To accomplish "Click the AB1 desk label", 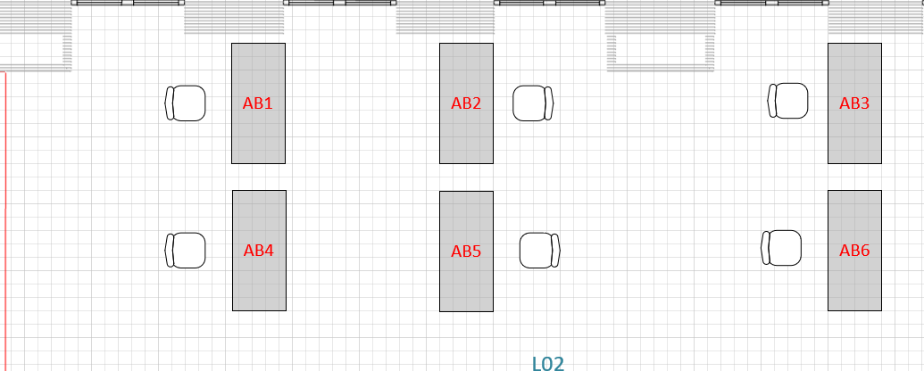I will pyautogui.click(x=257, y=103).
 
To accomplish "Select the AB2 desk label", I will pyautogui.click(x=466, y=103).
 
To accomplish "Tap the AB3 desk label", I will pyautogui.click(x=854, y=103).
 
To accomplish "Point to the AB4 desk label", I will pyautogui.click(x=258, y=251).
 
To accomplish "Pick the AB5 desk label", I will pyautogui.click(x=466, y=251).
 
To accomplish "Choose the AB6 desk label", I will pyautogui.click(x=854, y=251).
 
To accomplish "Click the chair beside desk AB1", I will pyautogui.click(x=186, y=103).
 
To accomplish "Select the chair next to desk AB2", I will pyautogui.click(x=533, y=103).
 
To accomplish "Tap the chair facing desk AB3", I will pyautogui.click(x=788, y=101).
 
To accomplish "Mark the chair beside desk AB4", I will pyautogui.click(x=186, y=251).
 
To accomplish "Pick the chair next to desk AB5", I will pyautogui.click(x=540, y=251).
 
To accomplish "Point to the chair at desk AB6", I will pyautogui.click(x=782, y=248).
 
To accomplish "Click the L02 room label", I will pyautogui.click(x=548, y=363).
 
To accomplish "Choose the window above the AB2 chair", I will pyautogui.click(x=550, y=4).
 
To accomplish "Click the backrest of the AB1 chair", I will pyautogui.click(x=168, y=103).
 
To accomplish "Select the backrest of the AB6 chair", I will pyautogui.click(x=765, y=248).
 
